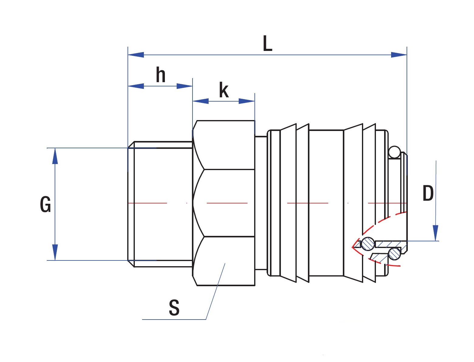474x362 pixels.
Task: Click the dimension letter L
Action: point(267,44)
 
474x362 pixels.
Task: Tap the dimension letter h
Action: point(161,75)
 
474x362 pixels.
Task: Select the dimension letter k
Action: point(224,90)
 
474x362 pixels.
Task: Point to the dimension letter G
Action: point(45,205)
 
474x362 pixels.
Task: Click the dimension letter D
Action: point(428,193)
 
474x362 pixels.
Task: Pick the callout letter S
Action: point(174,308)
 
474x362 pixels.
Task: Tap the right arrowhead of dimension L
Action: point(399,55)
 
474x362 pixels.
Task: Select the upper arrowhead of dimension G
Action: point(55,156)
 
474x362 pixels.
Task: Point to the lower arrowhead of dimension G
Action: point(55,252)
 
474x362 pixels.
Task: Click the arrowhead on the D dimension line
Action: point(435,233)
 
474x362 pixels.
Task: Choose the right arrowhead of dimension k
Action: point(247,101)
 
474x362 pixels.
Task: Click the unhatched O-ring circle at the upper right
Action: point(394,152)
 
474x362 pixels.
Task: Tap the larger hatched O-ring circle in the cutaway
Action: point(368,243)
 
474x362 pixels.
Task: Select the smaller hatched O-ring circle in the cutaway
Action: point(394,253)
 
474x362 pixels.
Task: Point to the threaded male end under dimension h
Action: point(160,204)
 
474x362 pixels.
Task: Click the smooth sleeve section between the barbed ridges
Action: point(326,203)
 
